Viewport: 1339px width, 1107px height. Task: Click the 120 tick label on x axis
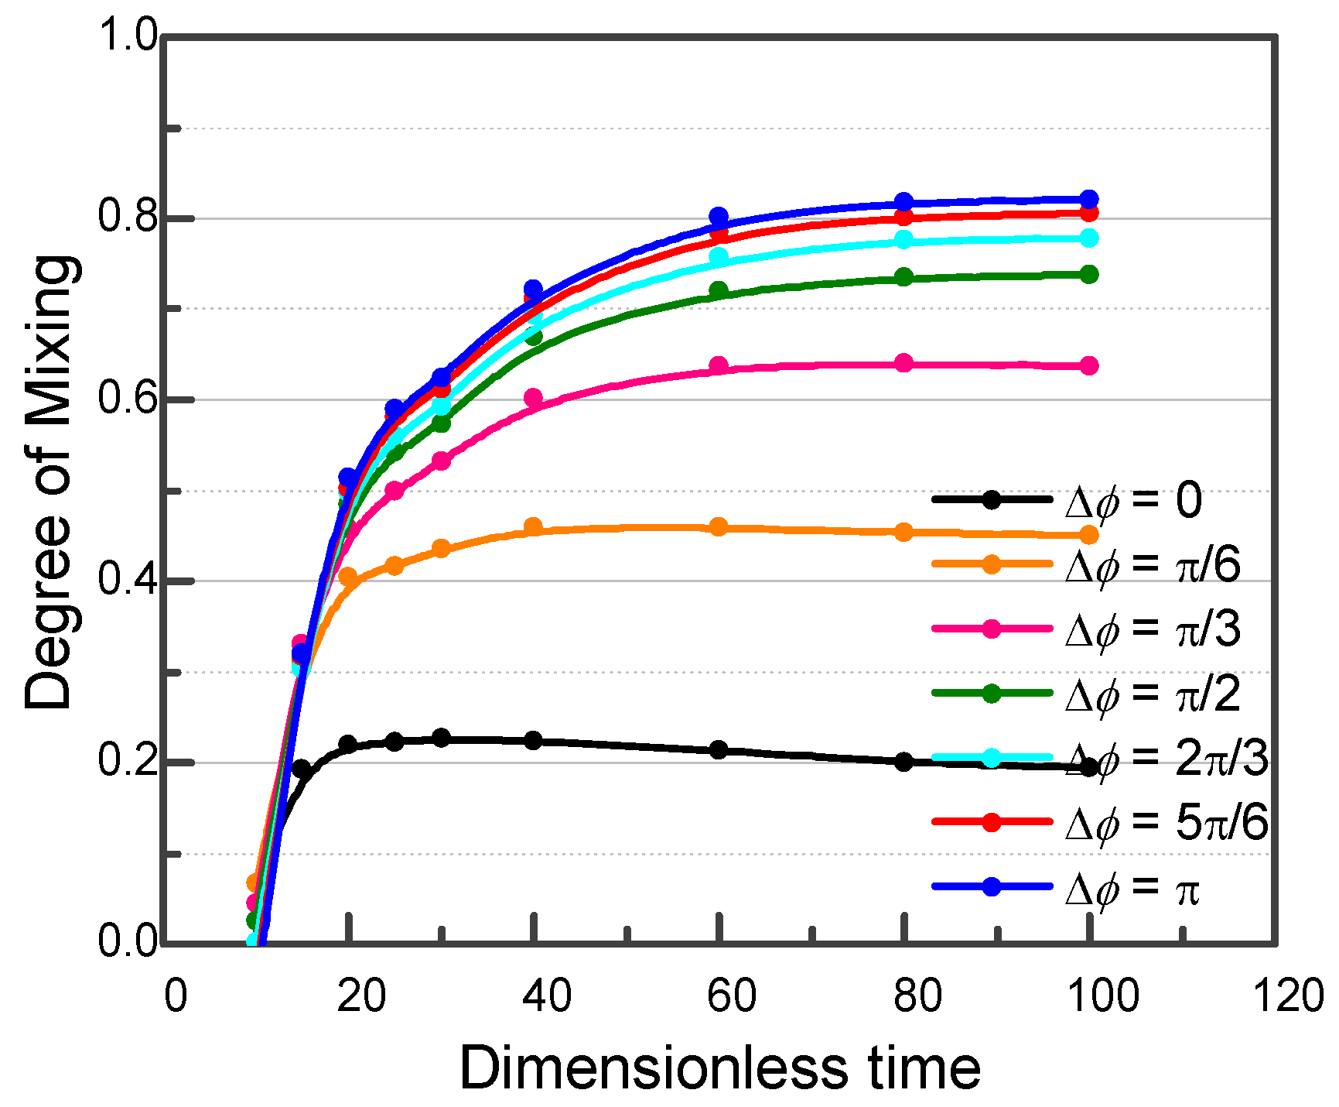click(x=1288, y=996)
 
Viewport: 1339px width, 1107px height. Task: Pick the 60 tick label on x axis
click(x=731, y=996)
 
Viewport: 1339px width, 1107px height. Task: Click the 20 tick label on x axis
click(x=360, y=996)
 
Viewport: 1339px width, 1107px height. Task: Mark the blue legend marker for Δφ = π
click(x=992, y=886)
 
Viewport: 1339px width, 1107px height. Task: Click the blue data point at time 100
click(x=1088, y=199)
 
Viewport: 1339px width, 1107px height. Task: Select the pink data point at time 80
click(x=903, y=363)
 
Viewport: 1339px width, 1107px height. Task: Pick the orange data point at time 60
click(x=719, y=527)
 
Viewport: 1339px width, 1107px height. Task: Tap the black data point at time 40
click(x=533, y=741)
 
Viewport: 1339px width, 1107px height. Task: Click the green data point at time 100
click(x=1088, y=274)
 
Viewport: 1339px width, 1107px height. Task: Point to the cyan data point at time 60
click(x=719, y=256)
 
